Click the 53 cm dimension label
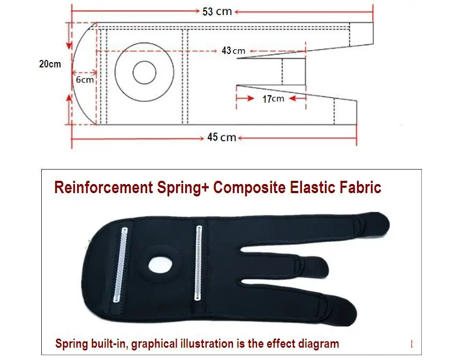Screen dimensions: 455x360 click(217, 12)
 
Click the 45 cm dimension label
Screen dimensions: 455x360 click(222, 137)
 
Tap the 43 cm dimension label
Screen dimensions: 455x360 click(233, 50)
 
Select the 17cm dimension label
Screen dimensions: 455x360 click(273, 99)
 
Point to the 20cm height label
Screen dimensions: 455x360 click(50, 64)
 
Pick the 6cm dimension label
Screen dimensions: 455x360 click(85, 80)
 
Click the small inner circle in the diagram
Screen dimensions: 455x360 click(144, 72)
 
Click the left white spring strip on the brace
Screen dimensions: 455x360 click(120, 265)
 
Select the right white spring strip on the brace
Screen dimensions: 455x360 click(198, 263)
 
